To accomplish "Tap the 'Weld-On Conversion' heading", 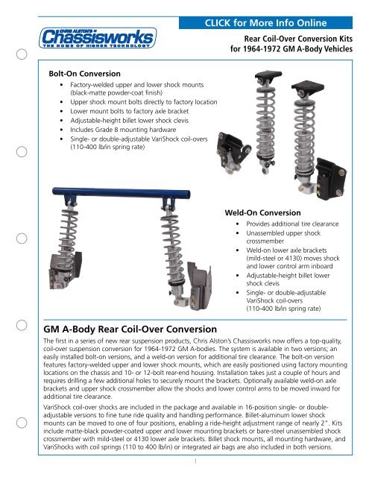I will click(261, 213).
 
